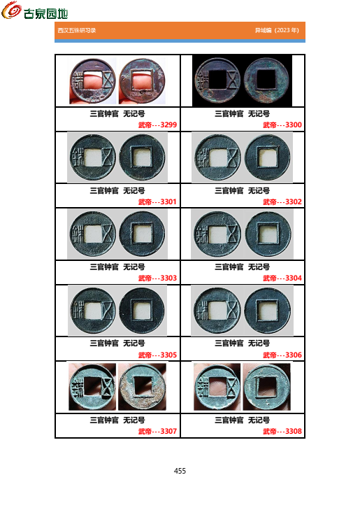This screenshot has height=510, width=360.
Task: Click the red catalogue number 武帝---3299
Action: [x=157, y=125]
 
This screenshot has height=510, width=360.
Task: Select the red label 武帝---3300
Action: [x=282, y=125]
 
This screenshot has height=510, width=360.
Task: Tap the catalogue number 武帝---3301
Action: [x=157, y=202]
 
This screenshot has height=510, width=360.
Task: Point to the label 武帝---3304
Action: [x=282, y=278]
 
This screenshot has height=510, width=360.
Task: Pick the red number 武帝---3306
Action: [x=282, y=355]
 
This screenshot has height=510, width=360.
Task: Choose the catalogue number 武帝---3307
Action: [x=157, y=431]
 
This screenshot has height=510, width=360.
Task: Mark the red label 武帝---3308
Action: [x=282, y=431]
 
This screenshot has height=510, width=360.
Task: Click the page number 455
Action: [x=180, y=471]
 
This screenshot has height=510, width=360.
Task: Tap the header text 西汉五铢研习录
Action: [x=77, y=30]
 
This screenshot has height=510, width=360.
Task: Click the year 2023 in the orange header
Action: [x=283, y=30]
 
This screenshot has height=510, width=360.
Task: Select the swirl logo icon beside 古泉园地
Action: [x=11, y=10]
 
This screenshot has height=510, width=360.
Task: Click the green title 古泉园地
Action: [x=46, y=13]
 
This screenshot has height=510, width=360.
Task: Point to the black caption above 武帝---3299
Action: [x=117, y=114]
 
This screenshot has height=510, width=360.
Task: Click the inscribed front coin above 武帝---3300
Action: [x=217, y=80]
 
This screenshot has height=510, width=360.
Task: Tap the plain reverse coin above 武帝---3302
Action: [x=268, y=157]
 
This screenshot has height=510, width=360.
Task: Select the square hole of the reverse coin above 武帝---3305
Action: [x=142, y=311]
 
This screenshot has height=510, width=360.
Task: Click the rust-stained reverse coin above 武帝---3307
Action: [x=143, y=387]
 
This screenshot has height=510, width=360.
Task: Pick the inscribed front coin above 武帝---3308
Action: [x=217, y=387]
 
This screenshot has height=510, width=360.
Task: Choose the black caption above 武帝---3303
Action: [x=117, y=267]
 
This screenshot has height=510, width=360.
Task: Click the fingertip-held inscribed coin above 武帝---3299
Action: [x=93, y=81]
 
